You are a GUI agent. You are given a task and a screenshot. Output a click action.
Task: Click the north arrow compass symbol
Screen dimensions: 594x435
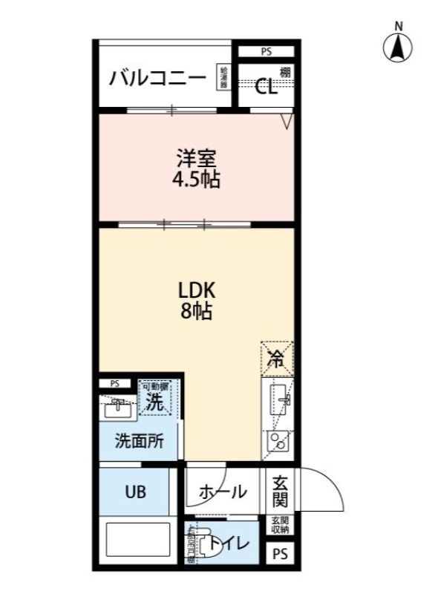pos(398,48)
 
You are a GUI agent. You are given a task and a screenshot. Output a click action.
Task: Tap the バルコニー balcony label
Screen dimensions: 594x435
pos(157,77)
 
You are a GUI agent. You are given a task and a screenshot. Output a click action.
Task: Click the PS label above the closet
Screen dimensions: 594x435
pos(266,52)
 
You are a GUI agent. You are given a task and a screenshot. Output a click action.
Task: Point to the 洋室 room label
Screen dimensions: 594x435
pos(197,158)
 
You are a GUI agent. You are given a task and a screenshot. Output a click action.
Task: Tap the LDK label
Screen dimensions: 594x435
pos(196,290)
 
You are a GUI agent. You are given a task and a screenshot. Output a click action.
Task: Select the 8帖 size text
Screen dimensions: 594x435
pos(196,312)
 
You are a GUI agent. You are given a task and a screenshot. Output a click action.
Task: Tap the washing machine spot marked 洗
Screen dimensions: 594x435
pos(154,401)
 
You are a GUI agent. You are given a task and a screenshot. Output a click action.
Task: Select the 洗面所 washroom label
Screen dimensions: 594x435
pos(139,440)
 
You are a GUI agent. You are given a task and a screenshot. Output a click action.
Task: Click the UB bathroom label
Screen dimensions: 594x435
pos(135,492)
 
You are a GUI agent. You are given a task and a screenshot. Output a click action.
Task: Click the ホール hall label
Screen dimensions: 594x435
pos(223,492)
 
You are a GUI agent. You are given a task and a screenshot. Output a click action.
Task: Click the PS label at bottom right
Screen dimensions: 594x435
pos(279,553)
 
